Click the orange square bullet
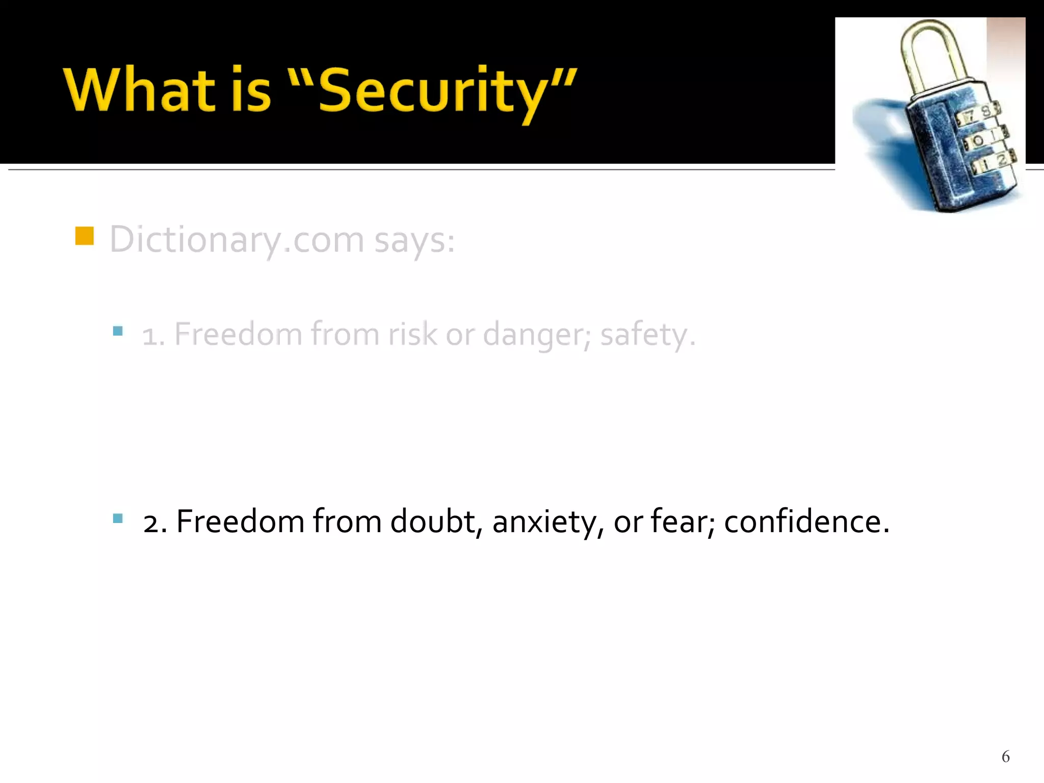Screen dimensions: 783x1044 click(x=84, y=236)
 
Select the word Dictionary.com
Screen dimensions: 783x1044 click(x=237, y=240)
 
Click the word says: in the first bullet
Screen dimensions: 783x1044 click(x=414, y=240)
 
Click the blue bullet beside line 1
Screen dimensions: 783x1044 click(x=118, y=331)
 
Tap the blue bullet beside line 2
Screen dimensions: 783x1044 click(x=118, y=519)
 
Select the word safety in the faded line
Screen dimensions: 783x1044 click(x=643, y=335)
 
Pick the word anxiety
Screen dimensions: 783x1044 click(x=548, y=523)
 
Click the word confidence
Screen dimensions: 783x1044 click(x=806, y=521)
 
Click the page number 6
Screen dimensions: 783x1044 click(x=1005, y=756)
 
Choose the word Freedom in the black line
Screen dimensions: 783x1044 click(x=240, y=521)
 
